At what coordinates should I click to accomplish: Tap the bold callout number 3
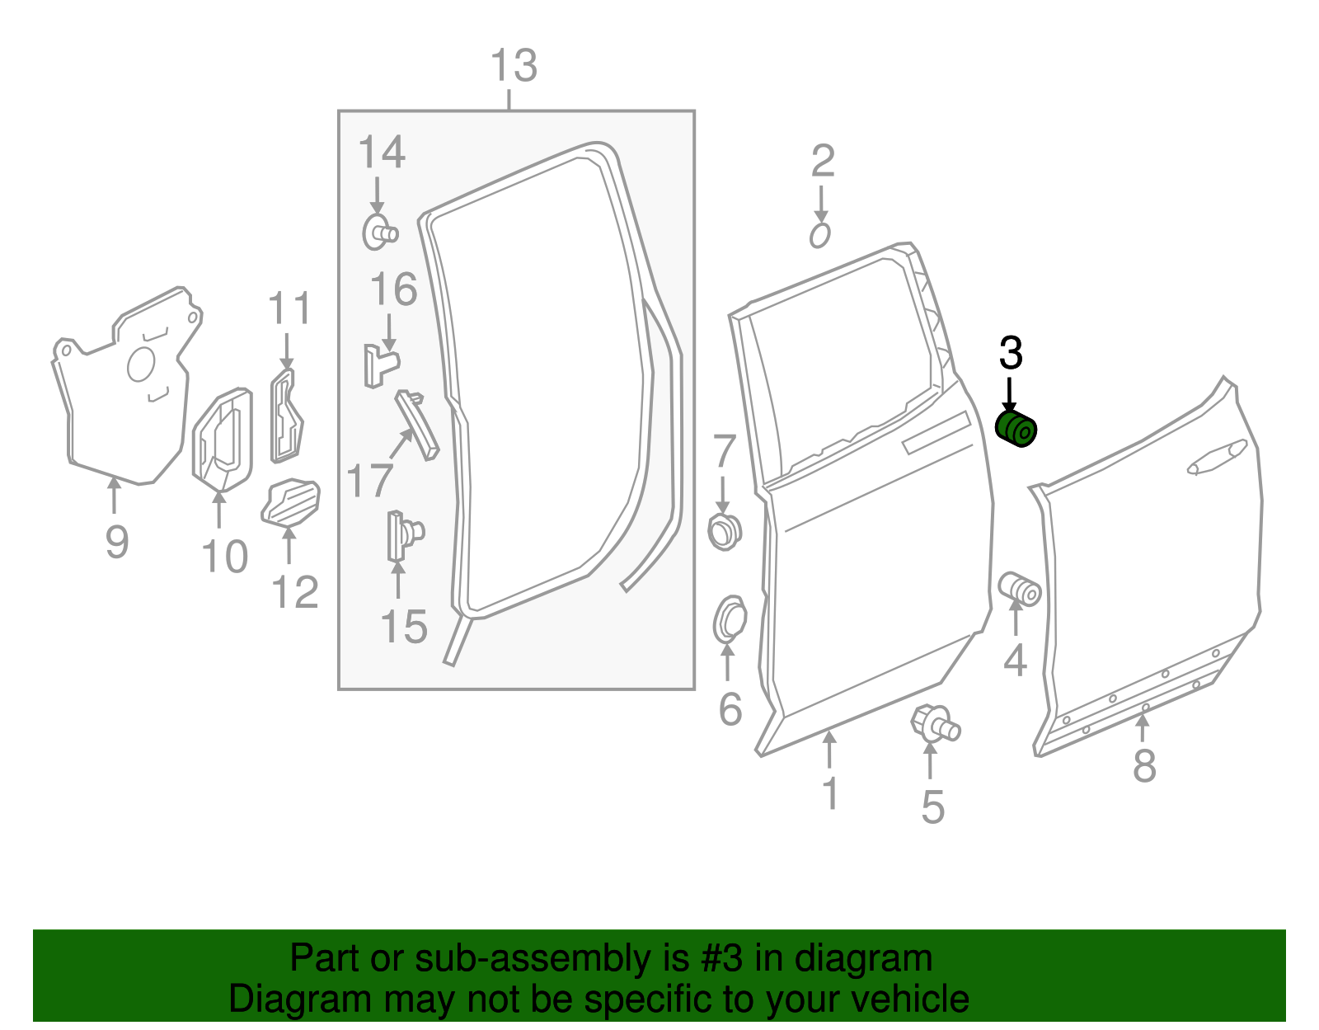click(x=1011, y=354)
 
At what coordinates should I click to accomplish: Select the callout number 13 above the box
click(x=514, y=67)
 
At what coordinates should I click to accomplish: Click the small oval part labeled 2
click(x=819, y=236)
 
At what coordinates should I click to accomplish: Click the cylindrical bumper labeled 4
click(x=1020, y=589)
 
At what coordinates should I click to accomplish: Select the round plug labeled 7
click(x=725, y=532)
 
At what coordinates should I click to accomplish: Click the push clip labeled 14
click(x=379, y=232)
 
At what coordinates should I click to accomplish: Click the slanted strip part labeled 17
click(x=418, y=424)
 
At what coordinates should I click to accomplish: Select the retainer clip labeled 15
click(x=404, y=534)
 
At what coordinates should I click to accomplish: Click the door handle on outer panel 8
click(x=1217, y=459)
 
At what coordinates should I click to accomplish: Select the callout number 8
click(x=1144, y=766)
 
